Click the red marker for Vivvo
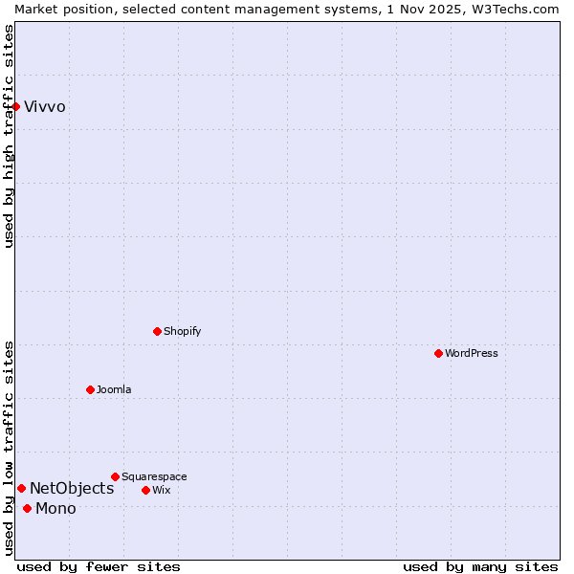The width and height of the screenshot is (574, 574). click(x=16, y=106)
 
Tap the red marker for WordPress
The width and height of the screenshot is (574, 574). click(x=438, y=353)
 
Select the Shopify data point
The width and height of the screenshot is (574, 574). click(x=157, y=331)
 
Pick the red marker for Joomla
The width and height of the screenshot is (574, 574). click(x=90, y=389)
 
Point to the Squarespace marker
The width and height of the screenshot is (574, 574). click(x=115, y=476)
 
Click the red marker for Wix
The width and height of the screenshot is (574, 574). click(x=145, y=490)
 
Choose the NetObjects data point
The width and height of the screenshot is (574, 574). click(x=21, y=488)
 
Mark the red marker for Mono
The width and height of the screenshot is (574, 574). click(x=27, y=508)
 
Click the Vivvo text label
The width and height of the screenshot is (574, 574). click(x=45, y=106)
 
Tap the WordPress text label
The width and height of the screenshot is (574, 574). click(x=472, y=353)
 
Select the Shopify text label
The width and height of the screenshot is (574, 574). click(x=183, y=331)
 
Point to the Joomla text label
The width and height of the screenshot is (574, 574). click(x=114, y=389)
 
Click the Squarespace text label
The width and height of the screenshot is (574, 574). click(x=154, y=476)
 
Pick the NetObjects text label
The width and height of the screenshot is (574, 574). click(x=72, y=488)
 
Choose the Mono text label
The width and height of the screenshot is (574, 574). click(x=55, y=508)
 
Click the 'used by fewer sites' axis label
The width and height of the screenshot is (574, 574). click(x=99, y=566)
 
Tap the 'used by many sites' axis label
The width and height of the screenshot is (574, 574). click(x=480, y=566)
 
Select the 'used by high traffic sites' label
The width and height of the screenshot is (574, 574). click(x=10, y=136)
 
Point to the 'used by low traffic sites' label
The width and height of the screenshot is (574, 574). click(x=10, y=448)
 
